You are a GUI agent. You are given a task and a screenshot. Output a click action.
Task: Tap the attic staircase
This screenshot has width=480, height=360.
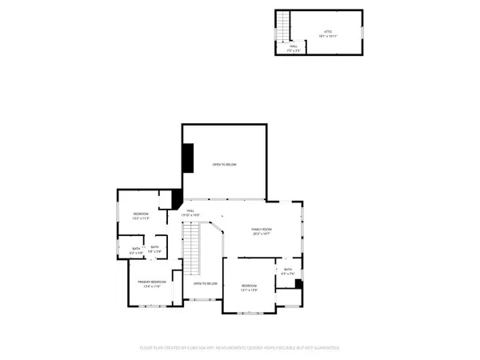[x=282, y=30]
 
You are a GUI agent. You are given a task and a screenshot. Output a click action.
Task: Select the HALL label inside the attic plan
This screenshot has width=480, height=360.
[x=294, y=46]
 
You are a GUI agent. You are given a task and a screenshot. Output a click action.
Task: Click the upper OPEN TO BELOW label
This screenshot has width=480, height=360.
[x=224, y=164]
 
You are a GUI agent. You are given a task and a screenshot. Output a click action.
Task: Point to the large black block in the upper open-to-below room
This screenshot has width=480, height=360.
[x=188, y=157]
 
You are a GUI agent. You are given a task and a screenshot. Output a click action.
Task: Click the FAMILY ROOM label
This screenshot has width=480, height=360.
[x=262, y=229]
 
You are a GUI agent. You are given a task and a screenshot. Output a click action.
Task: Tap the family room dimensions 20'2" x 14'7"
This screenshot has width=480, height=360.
[x=262, y=234]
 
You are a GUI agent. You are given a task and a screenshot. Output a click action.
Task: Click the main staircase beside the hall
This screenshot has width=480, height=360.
[x=191, y=248]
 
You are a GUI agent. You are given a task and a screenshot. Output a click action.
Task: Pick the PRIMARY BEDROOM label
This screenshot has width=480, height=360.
[x=151, y=282]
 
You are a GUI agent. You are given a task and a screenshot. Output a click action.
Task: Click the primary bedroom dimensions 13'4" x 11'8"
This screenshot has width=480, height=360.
[x=151, y=287]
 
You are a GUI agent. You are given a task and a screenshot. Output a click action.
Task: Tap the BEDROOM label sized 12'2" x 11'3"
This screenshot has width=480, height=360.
[x=141, y=214]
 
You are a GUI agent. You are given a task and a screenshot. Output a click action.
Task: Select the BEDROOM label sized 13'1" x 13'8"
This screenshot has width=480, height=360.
[x=250, y=286]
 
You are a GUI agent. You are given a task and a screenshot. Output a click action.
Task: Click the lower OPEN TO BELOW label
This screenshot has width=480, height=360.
[x=206, y=283]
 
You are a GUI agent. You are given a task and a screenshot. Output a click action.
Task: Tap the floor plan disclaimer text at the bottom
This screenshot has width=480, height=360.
[x=240, y=348]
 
